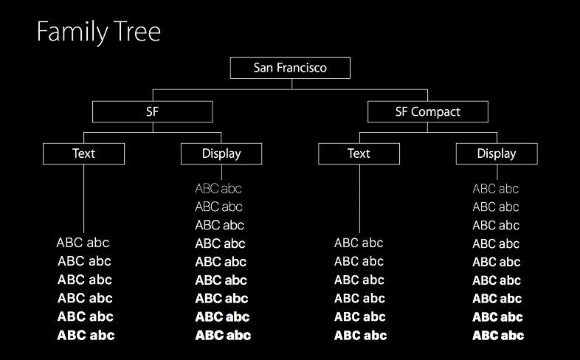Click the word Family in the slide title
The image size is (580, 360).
coord(72,32)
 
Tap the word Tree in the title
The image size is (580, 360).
coord(137,31)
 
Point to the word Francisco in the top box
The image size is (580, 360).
coord(302,68)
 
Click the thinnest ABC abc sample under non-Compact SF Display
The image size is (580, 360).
coord(218,189)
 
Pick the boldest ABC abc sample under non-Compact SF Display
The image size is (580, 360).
coord(223,335)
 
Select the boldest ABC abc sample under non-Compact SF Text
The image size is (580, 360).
coord(86,335)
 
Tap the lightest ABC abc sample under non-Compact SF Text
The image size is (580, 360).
coord(83,243)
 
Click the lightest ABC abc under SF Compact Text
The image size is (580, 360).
coord(359,243)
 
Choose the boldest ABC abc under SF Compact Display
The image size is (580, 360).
coord(498,335)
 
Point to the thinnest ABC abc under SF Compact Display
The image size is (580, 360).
coord(496,189)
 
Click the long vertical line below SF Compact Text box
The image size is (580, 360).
coord(359,198)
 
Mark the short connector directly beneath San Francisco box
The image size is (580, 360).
coord(292,84)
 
